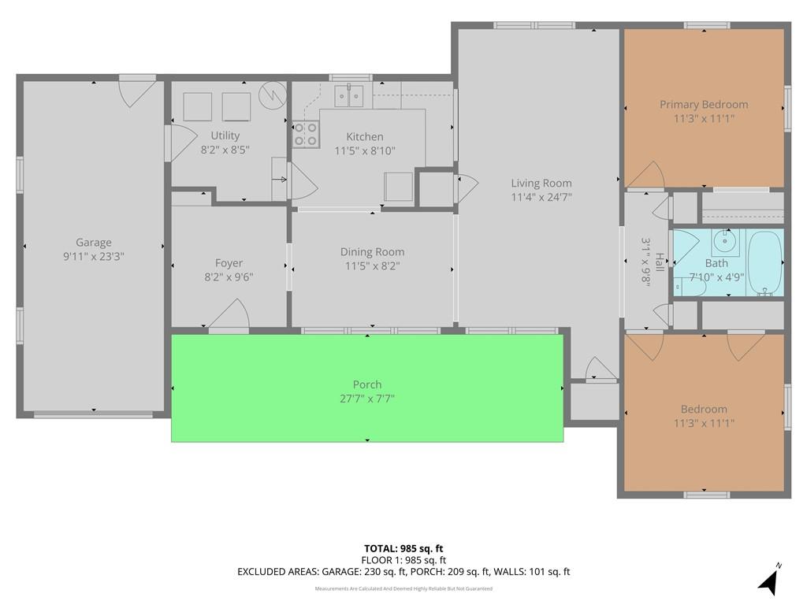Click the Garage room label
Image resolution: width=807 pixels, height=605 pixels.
[93, 243]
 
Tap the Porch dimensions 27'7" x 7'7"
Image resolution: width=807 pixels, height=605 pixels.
[366, 399]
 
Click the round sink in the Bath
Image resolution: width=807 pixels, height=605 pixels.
[725, 241]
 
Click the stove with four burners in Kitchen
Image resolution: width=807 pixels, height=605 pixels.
[305, 135]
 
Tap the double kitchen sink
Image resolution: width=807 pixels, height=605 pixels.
[348, 95]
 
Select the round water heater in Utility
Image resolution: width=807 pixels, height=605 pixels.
[270, 95]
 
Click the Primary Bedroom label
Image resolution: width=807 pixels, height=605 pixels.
[704, 105]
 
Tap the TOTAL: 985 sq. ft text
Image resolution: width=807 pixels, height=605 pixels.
[403, 548]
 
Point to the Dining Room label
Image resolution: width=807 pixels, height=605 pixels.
[372, 252]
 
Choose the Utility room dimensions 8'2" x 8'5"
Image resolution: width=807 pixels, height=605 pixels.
[225, 149]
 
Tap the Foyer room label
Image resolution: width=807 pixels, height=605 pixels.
[229, 263]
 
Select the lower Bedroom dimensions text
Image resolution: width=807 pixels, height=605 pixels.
[704, 423]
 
